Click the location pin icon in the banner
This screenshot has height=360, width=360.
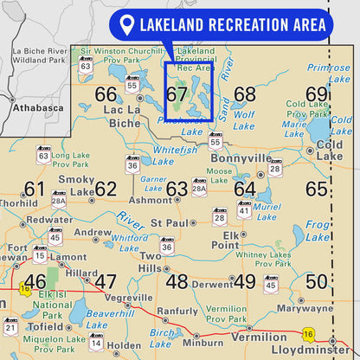pyautogui.click(x=127, y=25)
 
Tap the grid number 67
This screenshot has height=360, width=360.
pyautogui.click(x=177, y=94)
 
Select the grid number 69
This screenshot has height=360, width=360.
pyautogui.click(x=317, y=94)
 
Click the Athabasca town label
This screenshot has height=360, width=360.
pyautogui.click(x=38, y=108)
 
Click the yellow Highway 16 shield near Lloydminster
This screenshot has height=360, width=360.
pyautogui.click(x=307, y=333)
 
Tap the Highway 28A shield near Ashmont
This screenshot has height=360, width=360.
pyautogui.click(x=199, y=188)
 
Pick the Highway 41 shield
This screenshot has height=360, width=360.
pyautogui.click(x=245, y=209)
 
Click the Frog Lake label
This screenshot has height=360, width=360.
pyautogui.click(x=318, y=230)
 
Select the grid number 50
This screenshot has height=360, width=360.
pyautogui.click(x=317, y=280)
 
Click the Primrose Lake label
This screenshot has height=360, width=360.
pyautogui.click(x=329, y=73)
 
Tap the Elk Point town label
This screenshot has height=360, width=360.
pyautogui.click(x=231, y=240)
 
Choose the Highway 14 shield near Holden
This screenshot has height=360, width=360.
pyautogui.click(x=96, y=342)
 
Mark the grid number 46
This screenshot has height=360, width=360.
pyautogui.click(x=35, y=281)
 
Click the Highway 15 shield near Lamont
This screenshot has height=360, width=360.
pyautogui.click(x=40, y=254)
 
